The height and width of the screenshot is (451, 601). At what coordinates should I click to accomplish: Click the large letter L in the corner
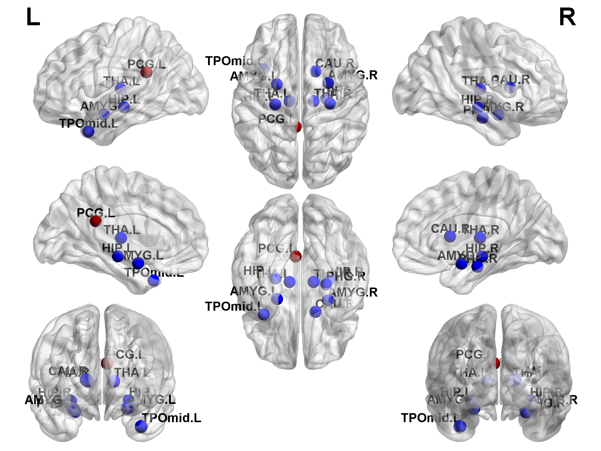(x=33, y=17)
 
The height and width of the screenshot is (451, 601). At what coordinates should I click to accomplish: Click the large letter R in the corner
(x=567, y=17)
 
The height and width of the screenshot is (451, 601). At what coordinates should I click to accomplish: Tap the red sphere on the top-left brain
(x=146, y=72)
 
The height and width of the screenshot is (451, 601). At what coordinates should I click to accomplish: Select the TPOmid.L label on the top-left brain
(x=89, y=123)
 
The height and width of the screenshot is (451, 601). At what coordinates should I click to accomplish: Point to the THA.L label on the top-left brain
(x=122, y=81)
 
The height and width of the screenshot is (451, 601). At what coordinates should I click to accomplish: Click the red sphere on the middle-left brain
(x=96, y=221)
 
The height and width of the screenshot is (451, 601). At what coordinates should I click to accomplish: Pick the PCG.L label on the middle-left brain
(x=96, y=213)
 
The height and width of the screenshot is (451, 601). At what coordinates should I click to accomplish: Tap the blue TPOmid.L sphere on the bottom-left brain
(x=141, y=426)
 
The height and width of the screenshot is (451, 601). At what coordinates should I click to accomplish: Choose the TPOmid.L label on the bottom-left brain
(x=171, y=418)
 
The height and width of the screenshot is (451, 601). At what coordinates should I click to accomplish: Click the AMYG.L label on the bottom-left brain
(x=152, y=400)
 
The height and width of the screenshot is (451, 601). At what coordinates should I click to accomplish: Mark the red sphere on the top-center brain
(x=296, y=127)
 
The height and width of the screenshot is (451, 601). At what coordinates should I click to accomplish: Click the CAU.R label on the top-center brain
(x=335, y=63)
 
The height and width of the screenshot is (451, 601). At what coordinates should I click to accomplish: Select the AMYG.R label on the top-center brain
(x=353, y=75)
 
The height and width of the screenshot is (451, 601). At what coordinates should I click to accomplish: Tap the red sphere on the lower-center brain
(x=296, y=256)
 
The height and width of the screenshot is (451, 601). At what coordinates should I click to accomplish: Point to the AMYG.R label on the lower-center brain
(x=353, y=292)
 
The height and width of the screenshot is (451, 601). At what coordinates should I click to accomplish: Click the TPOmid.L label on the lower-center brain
(x=233, y=306)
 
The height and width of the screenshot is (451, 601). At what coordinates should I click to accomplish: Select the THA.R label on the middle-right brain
(x=482, y=230)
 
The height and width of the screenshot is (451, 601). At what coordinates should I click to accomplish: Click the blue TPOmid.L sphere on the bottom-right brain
(x=460, y=426)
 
